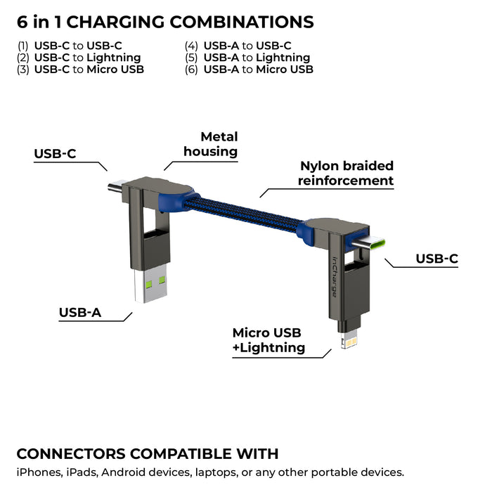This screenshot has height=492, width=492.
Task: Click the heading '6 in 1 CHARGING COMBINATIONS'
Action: (165, 22)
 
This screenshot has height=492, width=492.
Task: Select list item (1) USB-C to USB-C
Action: (70, 46)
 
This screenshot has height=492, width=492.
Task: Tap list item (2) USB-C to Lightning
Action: (79, 58)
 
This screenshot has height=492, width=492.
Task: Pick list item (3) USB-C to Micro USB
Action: (81, 70)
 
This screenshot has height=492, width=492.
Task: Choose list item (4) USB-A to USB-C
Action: (239, 46)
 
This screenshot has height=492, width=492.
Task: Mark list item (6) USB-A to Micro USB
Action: (250, 70)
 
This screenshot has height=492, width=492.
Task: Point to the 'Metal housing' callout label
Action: (211, 144)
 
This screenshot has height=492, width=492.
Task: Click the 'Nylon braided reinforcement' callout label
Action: (346, 174)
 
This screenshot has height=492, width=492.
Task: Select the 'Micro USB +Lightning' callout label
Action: (268, 339)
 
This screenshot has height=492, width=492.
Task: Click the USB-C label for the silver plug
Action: (55, 154)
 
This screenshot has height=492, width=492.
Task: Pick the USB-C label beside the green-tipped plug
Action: (436, 259)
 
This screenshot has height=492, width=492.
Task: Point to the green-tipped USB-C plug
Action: (374, 245)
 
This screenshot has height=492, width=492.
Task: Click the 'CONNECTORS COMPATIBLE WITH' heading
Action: (148, 453)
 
